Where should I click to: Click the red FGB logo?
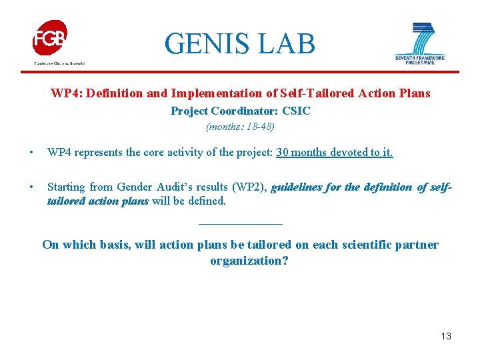tap(50, 39)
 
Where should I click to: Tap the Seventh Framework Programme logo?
tap(419, 43)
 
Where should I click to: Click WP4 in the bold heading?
tap(63, 93)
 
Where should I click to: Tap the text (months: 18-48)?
tap(240, 126)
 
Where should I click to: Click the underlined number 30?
tap(283, 152)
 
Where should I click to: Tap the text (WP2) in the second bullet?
tap(248, 187)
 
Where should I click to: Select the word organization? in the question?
tap(249, 261)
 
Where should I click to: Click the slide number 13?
tap(446, 336)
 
